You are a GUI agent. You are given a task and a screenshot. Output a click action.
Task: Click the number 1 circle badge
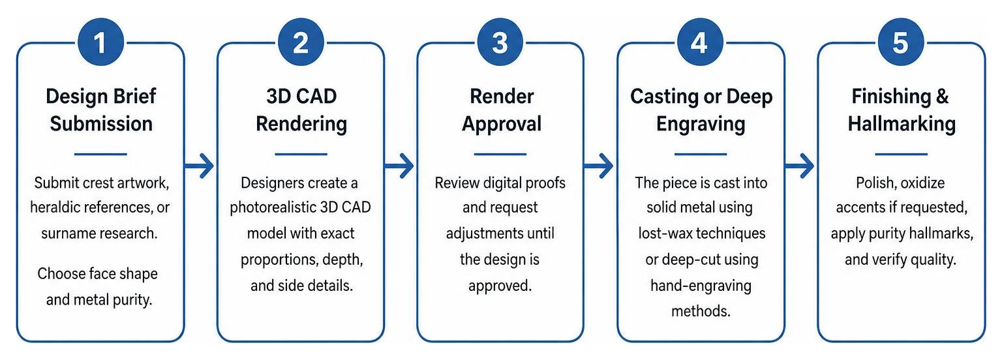[x=100, y=42]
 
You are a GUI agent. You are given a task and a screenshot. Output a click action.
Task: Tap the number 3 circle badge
[x=500, y=42]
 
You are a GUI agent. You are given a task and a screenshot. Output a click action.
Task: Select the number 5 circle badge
[x=900, y=42]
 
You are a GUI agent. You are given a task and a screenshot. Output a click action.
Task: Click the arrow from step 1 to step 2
[x=200, y=166]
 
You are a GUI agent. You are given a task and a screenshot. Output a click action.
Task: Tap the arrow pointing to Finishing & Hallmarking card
[x=799, y=166]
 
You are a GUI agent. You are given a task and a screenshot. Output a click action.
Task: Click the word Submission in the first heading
[x=101, y=124]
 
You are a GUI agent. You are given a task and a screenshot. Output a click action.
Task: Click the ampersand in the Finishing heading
[x=942, y=97]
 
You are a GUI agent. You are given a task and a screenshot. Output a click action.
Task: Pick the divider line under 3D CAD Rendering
[x=301, y=155]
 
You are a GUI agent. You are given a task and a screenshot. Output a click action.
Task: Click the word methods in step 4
[x=701, y=311]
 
